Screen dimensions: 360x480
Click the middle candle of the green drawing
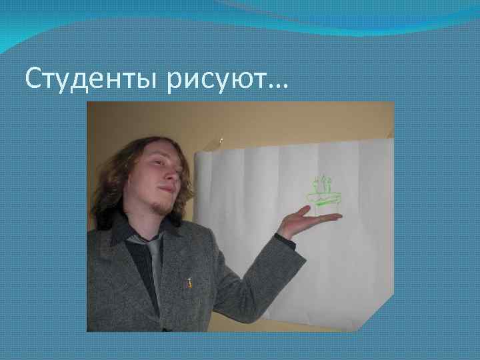pos(324,183)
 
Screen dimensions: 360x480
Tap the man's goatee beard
pos(162,207)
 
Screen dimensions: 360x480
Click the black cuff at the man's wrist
pos(285,240)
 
